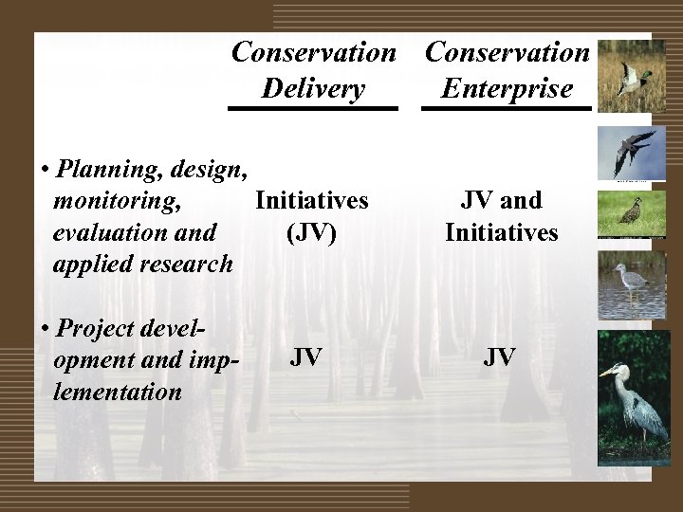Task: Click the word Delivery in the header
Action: click(313, 89)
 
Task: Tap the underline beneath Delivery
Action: click(313, 109)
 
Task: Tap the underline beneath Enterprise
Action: click(507, 109)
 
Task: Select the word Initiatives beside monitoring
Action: click(311, 200)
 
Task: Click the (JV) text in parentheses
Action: click(311, 231)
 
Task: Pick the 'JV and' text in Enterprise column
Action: click(500, 200)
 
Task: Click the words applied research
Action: click(143, 263)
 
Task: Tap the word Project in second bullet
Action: click(94, 328)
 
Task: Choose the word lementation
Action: click(118, 390)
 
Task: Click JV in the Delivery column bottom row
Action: click(305, 357)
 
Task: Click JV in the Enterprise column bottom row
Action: click(500, 357)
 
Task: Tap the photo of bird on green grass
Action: click(624, 214)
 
